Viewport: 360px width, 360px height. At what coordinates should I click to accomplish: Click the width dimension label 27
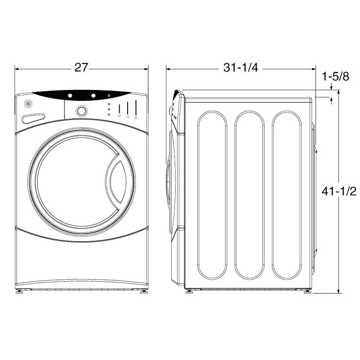tap(81, 67)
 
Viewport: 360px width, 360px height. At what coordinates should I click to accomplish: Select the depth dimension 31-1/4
tap(241, 67)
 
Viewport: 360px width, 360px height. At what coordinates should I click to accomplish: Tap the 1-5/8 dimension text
tap(336, 76)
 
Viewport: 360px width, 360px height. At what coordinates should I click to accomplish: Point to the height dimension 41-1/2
tap(339, 191)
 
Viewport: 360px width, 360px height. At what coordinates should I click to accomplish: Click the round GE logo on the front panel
tap(28, 104)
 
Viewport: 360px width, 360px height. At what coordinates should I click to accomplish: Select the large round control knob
tap(82, 111)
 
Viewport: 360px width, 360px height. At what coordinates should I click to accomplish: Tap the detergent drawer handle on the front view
tap(33, 118)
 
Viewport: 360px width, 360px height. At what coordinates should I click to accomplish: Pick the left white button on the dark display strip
tap(70, 95)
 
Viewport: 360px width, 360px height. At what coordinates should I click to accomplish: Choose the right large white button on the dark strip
tap(93, 95)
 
